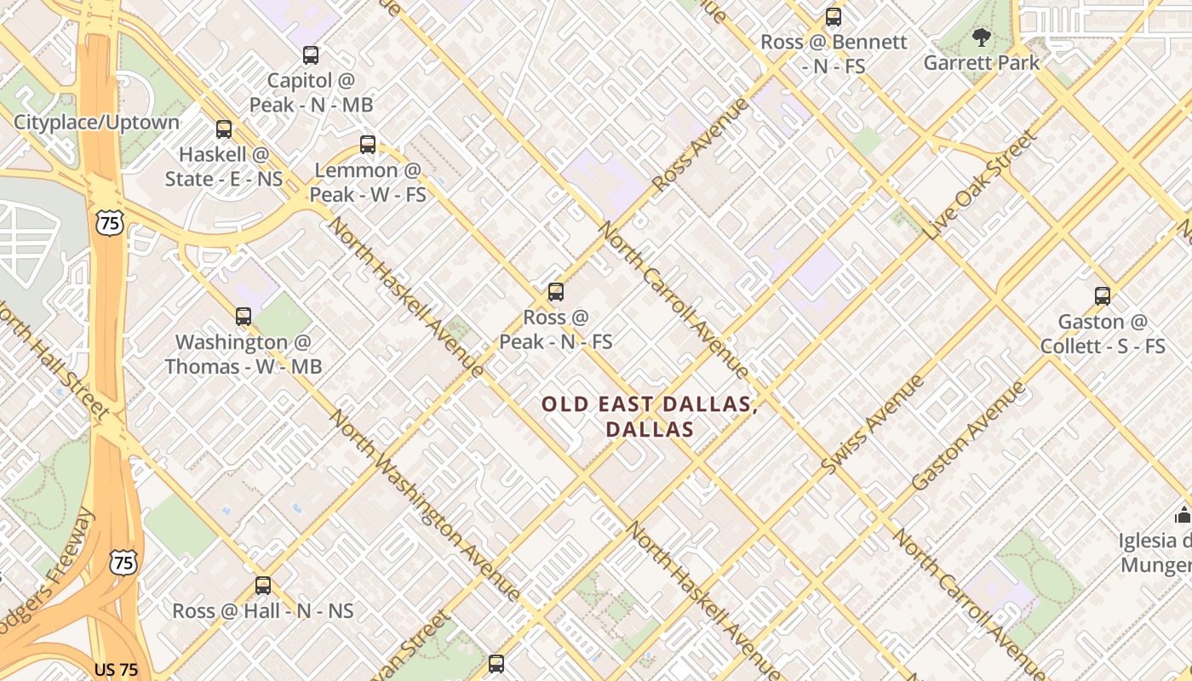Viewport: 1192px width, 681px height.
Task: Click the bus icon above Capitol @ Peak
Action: (311, 55)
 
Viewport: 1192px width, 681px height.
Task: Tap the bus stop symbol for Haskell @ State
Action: (223, 129)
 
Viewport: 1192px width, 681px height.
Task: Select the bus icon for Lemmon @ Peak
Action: (368, 144)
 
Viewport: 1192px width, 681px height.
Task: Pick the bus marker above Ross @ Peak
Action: (556, 292)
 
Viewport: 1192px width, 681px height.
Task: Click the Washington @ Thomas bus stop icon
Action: (244, 317)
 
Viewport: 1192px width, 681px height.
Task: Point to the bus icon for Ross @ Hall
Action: (263, 586)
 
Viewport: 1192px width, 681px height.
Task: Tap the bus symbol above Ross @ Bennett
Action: (834, 16)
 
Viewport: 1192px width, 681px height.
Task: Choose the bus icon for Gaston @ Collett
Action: (1103, 296)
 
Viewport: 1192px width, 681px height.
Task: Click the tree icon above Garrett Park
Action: (982, 37)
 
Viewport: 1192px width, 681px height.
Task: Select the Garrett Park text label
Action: (982, 63)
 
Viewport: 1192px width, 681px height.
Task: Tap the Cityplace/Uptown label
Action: (96, 122)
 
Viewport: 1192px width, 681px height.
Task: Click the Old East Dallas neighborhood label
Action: (650, 416)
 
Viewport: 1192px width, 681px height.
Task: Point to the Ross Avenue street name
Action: (701, 144)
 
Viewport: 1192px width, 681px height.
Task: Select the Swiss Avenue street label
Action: (873, 424)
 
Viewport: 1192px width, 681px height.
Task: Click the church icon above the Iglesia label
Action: (1183, 515)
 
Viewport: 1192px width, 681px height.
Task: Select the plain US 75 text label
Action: (116, 670)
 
